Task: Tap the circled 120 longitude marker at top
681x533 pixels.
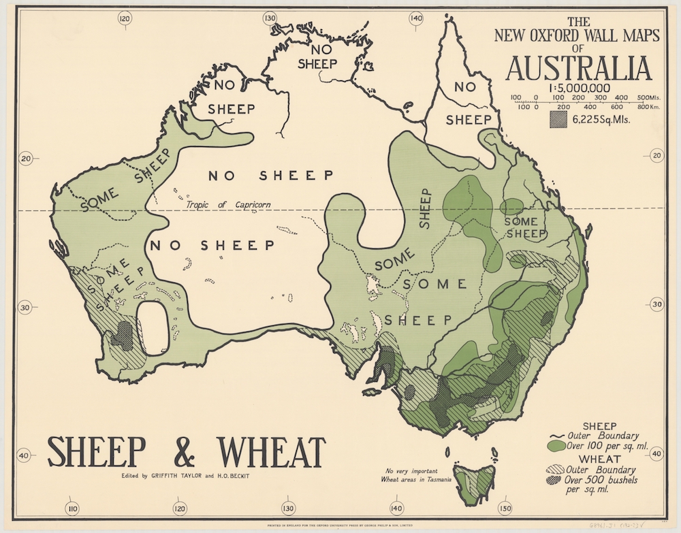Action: point(124,19)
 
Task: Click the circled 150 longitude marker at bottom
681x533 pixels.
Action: point(505,508)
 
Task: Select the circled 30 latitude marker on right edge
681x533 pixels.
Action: point(656,305)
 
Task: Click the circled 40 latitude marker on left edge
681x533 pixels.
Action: point(25,455)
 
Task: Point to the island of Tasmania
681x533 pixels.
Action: point(479,479)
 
